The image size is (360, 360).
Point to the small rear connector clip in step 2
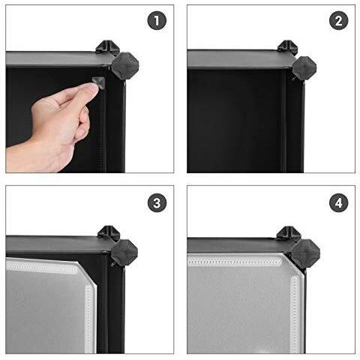pos(288,46)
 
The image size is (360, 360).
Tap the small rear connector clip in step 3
pos(106,230)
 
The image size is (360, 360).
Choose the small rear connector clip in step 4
pos(288,232)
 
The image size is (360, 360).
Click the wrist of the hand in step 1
pos(19,150)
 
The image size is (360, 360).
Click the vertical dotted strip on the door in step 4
pos(292,300)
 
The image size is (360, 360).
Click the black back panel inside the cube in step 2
pos(232,120)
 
